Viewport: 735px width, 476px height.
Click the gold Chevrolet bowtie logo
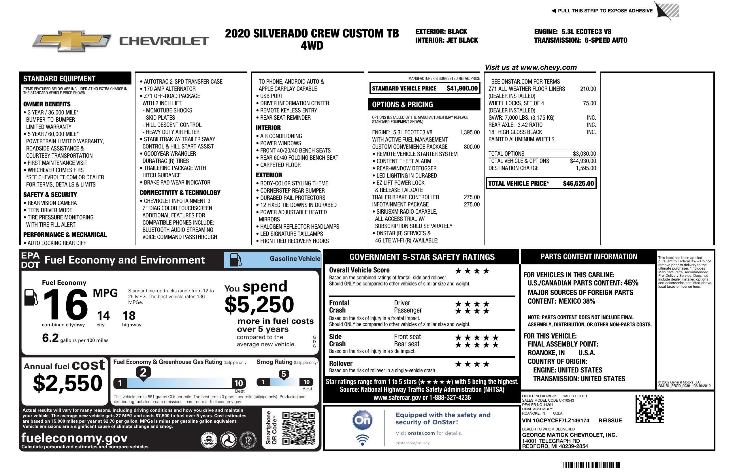72,41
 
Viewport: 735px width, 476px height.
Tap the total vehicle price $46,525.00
578,183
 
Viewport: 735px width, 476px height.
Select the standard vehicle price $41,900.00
462,89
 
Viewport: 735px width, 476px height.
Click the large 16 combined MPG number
65,304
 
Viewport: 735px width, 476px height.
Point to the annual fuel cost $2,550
67,383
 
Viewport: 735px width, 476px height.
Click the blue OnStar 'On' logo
362,420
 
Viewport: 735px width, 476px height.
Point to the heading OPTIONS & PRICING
402,105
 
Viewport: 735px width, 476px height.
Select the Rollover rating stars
472,364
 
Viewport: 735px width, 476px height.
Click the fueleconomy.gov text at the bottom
74,438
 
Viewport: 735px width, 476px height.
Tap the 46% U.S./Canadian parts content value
631,283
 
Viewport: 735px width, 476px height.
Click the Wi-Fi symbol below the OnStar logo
362,440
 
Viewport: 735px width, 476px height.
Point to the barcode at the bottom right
591,465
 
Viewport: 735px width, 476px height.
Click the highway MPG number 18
129,316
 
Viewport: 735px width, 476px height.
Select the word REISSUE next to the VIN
610,421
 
